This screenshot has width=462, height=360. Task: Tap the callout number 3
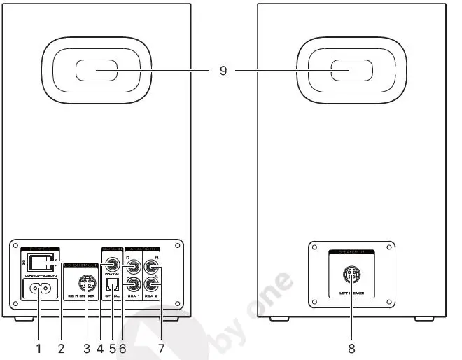pyautogui.click(x=86, y=347)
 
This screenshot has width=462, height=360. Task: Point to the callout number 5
pyautogui.click(x=112, y=347)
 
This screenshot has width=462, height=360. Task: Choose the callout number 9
pyautogui.click(x=223, y=71)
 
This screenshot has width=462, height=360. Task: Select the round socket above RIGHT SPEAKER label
pyautogui.click(x=86, y=285)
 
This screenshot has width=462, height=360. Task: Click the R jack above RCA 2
pyautogui.click(x=151, y=265)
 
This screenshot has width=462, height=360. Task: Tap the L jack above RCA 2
pyautogui.click(x=151, y=285)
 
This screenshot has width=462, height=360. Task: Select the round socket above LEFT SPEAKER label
pyautogui.click(x=351, y=276)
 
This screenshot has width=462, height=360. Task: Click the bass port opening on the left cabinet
pyautogui.click(x=96, y=72)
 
